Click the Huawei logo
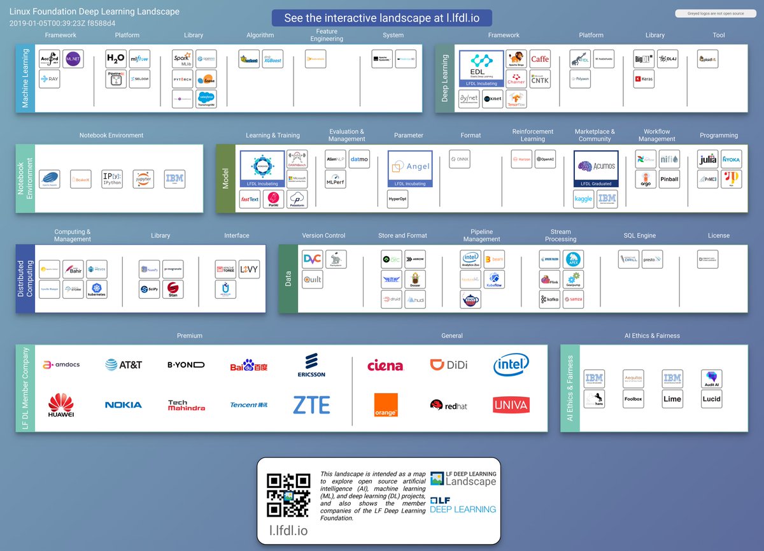click(61, 405)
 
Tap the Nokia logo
click(124, 405)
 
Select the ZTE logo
click(311, 404)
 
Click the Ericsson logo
click(311, 365)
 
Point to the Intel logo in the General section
click(511, 365)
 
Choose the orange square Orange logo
click(385, 405)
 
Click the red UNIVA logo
click(511, 404)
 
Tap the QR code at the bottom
click(288, 496)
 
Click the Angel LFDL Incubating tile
click(410, 169)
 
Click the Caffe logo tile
click(540, 59)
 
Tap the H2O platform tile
click(116, 59)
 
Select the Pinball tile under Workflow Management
click(669, 179)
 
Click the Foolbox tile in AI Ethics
click(633, 399)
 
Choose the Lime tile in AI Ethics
click(672, 399)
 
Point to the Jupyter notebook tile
click(143, 179)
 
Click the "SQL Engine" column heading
click(639, 236)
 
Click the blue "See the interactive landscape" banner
click(382, 18)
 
